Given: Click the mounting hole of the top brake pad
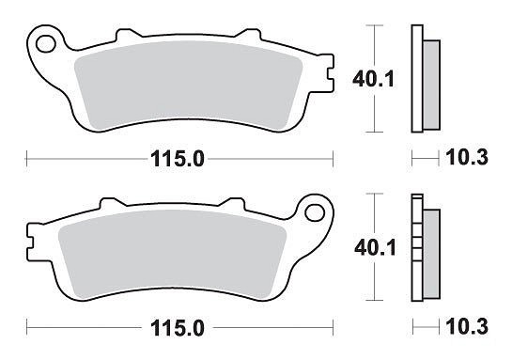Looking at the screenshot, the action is (x=45, y=44).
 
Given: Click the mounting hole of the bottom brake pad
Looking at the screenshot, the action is (x=315, y=212).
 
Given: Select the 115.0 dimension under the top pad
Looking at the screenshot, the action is (x=178, y=159).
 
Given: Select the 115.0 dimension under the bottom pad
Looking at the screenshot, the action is (x=178, y=328).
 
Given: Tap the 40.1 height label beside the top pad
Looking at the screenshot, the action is (x=374, y=79).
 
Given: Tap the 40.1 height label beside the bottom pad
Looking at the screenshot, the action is (x=375, y=248).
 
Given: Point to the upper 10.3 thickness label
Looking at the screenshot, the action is (x=467, y=157).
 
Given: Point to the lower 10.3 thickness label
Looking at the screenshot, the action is (x=467, y=327).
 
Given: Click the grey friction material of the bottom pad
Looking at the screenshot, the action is (x=173, y=252).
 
